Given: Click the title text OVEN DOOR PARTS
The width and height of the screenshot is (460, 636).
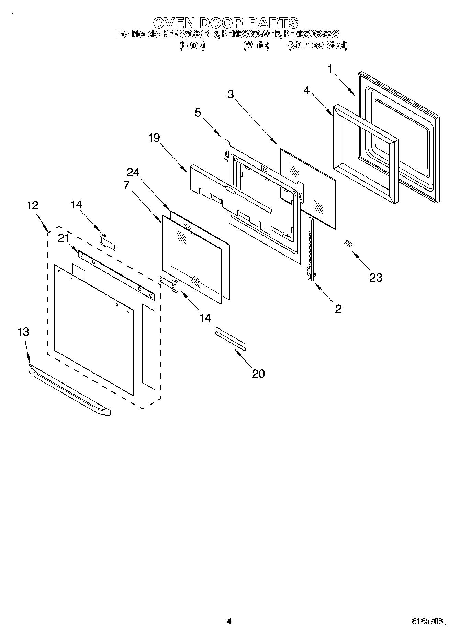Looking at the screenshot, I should pos(225,23).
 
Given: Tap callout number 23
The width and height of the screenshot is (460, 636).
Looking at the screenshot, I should pos(375,277).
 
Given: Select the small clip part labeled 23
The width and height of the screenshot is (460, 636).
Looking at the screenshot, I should pos(348,243).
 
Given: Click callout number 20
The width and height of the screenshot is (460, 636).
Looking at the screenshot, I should pos(258,374).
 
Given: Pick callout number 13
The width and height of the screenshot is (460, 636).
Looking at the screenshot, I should pos(23,332).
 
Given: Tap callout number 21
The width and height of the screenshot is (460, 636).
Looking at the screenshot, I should pos(63,238).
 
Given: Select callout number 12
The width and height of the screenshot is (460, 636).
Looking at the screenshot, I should pos(33,205).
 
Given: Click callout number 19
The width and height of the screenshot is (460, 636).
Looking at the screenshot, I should pos(154,138).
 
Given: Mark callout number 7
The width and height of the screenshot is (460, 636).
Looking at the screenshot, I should pos(126,185).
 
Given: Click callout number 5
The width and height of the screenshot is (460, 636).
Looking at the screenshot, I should pos(198,112).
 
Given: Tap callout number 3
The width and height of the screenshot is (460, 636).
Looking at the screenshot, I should pos(231,94).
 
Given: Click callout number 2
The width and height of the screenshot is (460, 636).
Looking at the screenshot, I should pos(338,309).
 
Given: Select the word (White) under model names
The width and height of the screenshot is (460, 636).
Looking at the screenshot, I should pos(256,45).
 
